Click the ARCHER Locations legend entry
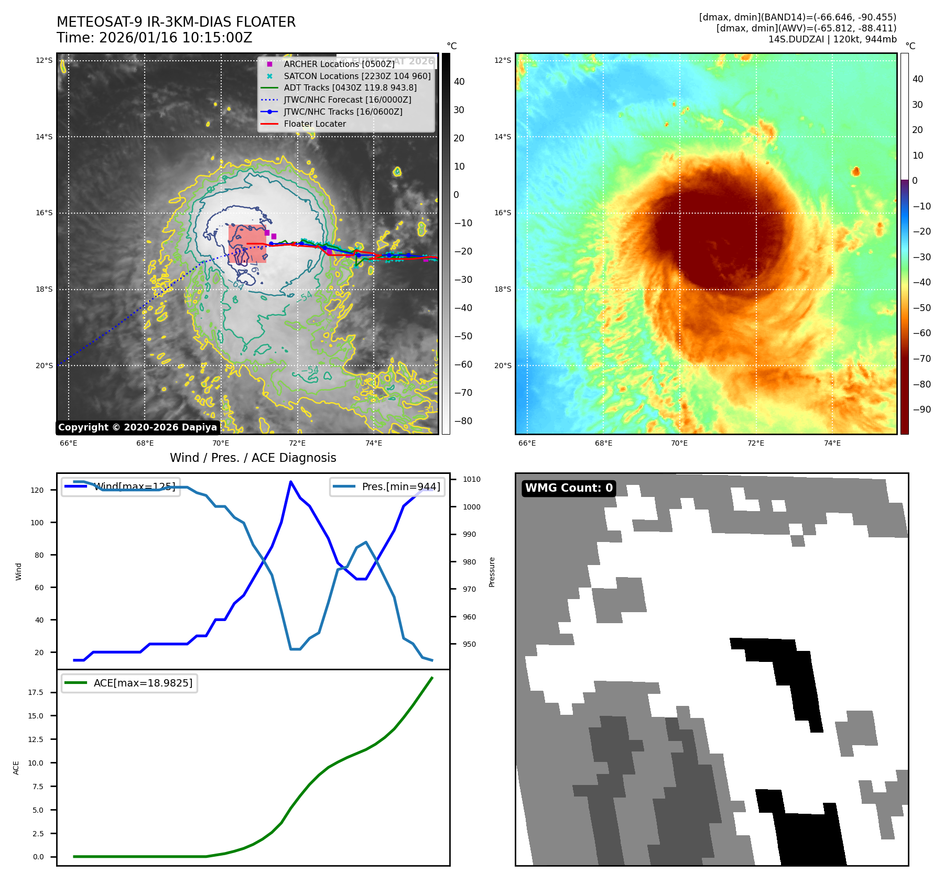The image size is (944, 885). pos(339,64)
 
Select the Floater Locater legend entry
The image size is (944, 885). pos(314,124)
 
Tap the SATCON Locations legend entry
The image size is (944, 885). pos(356,76)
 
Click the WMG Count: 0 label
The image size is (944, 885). pos(569,488)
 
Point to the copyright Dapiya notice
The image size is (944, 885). pos(137,427)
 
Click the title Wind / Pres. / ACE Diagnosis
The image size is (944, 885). pos(253,458)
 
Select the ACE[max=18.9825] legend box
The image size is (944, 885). pos(129,683)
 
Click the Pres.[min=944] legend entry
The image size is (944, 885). pos(387,486)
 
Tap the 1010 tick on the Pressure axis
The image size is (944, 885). pos(471,479)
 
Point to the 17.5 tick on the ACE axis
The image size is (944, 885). pos(36,692)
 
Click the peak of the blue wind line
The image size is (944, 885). pos(291,482)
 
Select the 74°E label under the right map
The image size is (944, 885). pos(832,443)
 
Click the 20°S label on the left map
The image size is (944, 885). pos(44,366)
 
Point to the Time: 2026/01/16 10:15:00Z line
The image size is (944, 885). pos(155,38)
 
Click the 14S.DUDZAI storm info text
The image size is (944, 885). pos(832,39)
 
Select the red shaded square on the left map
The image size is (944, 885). pos(247,244)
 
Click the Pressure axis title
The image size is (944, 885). pos(492,572)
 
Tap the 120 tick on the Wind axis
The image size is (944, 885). pos(37,490)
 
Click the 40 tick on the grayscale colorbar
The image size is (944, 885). pos(459,82)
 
